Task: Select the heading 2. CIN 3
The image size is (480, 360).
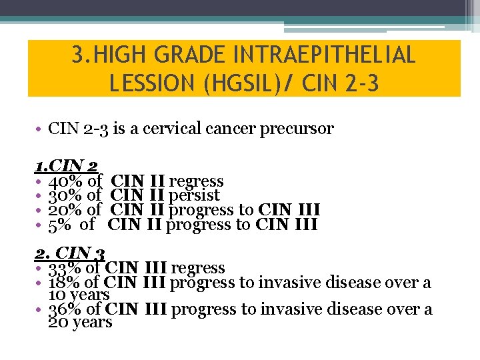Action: tap(70, 253)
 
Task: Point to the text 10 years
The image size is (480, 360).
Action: tap(79, 295)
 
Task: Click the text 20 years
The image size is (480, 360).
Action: tap(80, 322)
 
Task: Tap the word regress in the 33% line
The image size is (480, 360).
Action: tap(198, 268)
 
